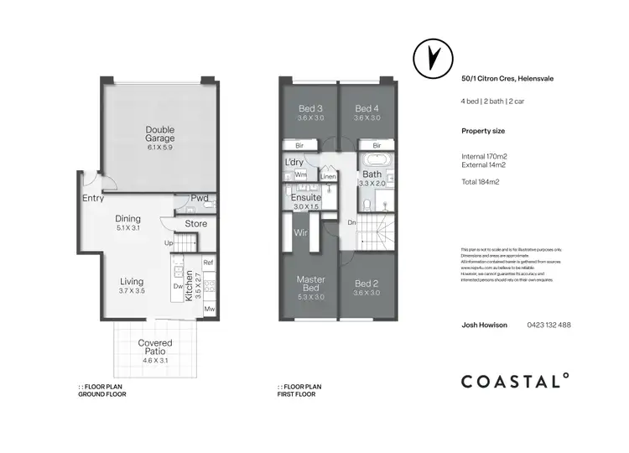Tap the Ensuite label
(307, 197)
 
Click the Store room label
(196, 224)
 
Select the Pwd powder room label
(199, 199)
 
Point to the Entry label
(93, 199)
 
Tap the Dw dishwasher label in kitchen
(178, 286)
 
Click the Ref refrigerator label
(209, 263)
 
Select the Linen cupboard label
(328, 177)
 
